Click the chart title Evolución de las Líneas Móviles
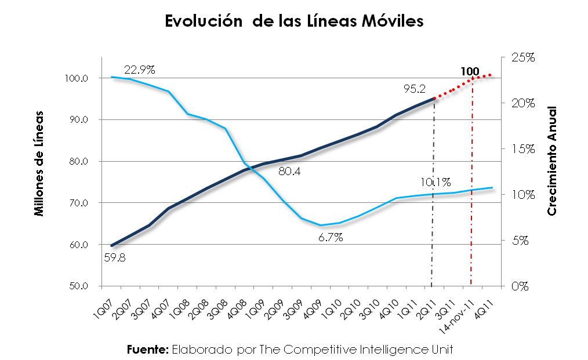tap(295, 21)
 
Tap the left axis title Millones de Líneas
tap(39, 162)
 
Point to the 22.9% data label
tap(139, 70)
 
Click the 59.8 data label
tap(115, 258)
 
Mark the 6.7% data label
tap(331, 237)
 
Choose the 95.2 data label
tap(415, 89)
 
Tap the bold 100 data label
tap(469, 72)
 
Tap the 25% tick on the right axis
tap(522, 57)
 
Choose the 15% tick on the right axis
tap(522, 149)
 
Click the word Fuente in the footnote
tap(147, 350)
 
